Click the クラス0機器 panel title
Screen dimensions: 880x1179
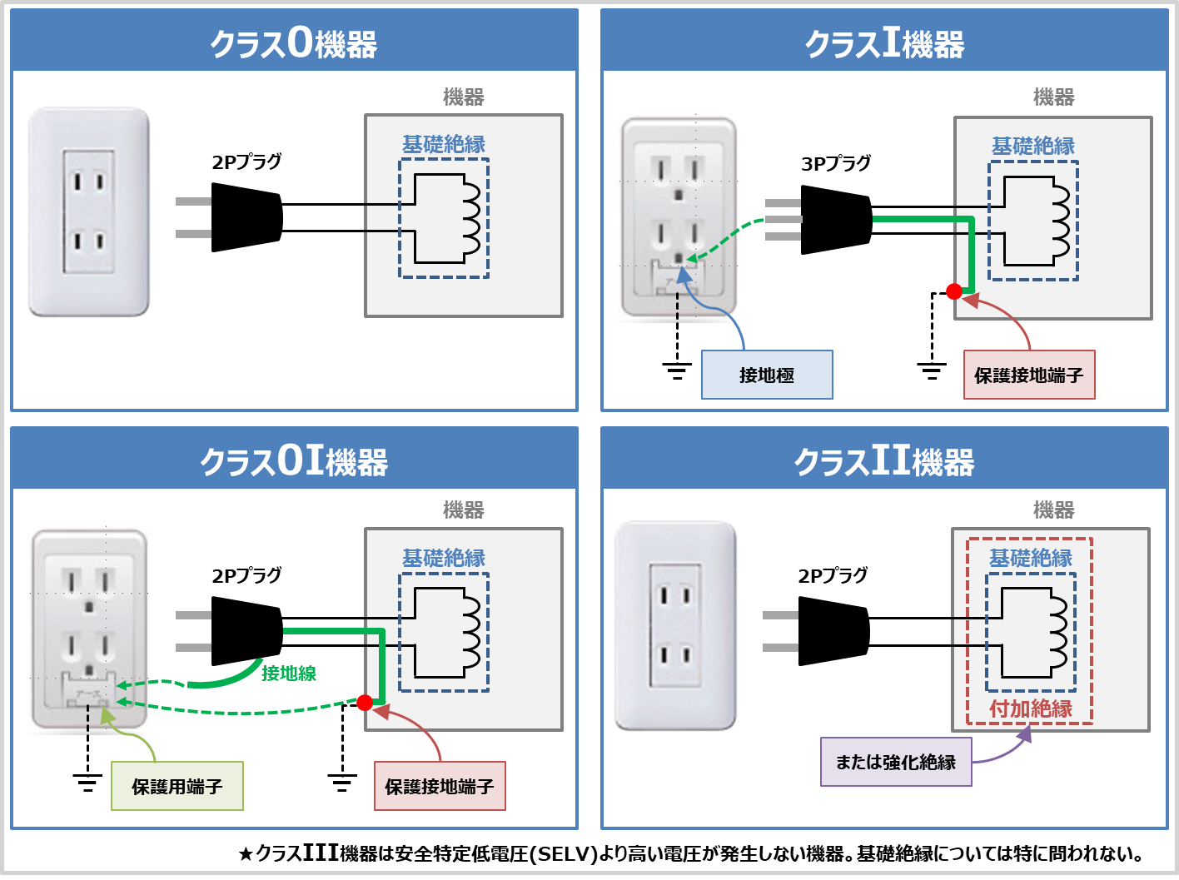[x=294, y=42]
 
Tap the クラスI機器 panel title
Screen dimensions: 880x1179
[x=884, y=42]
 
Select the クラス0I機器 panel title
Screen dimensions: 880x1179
[x=294, y=460]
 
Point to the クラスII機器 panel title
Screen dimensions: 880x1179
[x=884, y=460]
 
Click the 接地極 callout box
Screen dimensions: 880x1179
[x=767, y=375]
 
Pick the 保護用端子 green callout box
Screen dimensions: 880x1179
[x=177, y=786]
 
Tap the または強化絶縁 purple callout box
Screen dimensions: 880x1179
[x=896, y=762]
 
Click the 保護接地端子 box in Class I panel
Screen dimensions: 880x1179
[x=1029, y=375]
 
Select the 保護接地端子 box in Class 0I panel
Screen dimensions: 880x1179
[x=440, y=786]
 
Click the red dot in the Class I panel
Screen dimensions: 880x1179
[x=954, y=291]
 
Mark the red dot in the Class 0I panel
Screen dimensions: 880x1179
[x=364, y=703]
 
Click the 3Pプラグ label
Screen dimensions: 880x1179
[x=836, y=163]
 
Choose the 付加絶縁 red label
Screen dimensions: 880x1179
[x=1031, y=708]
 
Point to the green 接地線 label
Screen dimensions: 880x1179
[x=289, y=673]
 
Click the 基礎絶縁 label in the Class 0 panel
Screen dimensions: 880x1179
[x=444, y=144]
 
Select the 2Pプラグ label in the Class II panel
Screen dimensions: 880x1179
[x=833, y=575]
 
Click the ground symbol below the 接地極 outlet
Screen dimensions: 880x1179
[x=677, y=370]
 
